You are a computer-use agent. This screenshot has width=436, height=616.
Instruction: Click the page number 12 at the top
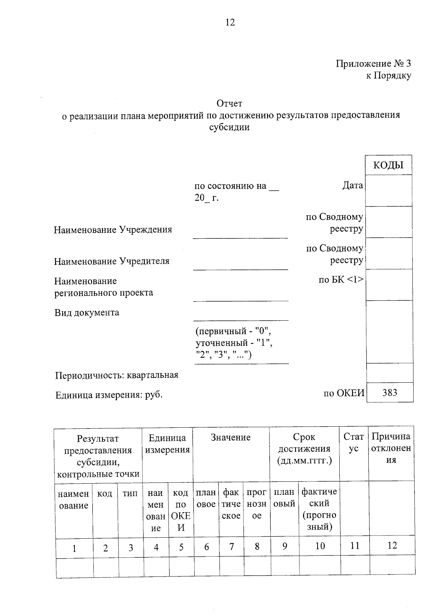(230, 22)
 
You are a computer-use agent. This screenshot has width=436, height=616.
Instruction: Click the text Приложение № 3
(373, 64)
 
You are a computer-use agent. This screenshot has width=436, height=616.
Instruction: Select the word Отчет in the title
(229, 104)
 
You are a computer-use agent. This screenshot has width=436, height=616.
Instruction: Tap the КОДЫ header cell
(388, 165)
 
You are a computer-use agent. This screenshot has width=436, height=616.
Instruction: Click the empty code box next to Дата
(388, 191)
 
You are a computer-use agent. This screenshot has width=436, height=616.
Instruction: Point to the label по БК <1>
(341, 280)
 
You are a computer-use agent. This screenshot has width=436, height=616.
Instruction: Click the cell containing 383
(390, 393)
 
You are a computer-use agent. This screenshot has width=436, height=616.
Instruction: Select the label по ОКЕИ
(344, 393)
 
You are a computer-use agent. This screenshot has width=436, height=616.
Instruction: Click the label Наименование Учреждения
(113, 230)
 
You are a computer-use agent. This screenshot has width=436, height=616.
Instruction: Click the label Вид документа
(87, 313)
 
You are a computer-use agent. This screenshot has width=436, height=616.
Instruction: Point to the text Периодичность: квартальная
(117, 375)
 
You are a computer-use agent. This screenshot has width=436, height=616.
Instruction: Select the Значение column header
(231, 438)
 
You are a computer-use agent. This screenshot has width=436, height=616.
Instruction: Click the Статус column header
(354, 443)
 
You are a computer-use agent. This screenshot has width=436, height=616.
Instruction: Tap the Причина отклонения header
(391, 448)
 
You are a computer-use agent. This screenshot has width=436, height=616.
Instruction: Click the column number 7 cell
(231, 547)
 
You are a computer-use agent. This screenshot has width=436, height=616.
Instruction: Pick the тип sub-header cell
(130, 494)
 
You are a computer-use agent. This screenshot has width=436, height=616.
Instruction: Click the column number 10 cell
(320, 546)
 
